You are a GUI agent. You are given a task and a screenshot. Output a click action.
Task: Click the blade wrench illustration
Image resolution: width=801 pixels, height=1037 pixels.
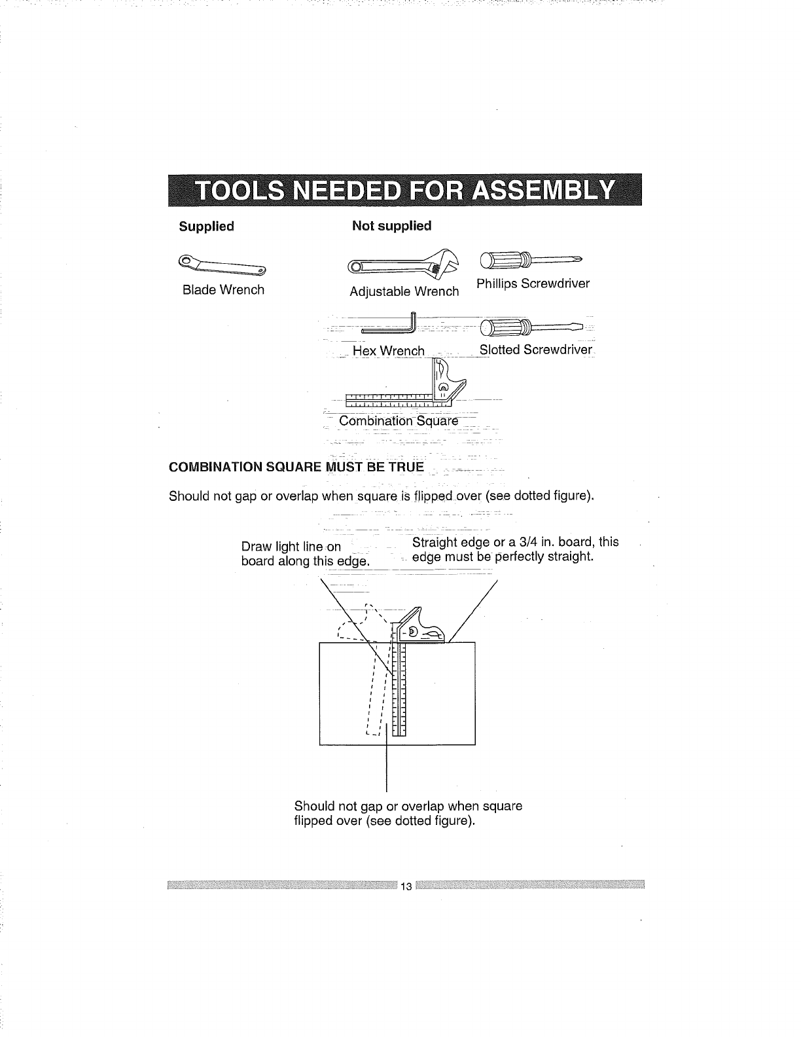coord(222,264)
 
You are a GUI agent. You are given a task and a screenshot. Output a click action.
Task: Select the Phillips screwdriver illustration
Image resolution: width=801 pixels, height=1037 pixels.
coord(530,260)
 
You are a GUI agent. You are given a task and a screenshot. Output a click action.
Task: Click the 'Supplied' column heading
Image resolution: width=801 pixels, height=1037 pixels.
coord(206,227)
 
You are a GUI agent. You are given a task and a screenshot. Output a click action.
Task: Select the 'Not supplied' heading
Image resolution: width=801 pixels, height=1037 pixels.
coord(391,226)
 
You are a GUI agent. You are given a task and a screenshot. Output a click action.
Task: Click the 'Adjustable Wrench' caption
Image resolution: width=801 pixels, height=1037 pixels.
coord(404,291)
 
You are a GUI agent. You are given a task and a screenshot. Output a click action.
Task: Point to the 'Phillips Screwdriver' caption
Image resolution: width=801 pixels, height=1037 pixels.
coord(533,283)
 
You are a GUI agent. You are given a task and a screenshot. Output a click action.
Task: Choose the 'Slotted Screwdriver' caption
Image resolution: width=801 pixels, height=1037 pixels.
coord(535,350)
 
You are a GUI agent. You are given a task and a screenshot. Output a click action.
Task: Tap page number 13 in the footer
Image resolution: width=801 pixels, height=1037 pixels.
coord(406,887)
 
